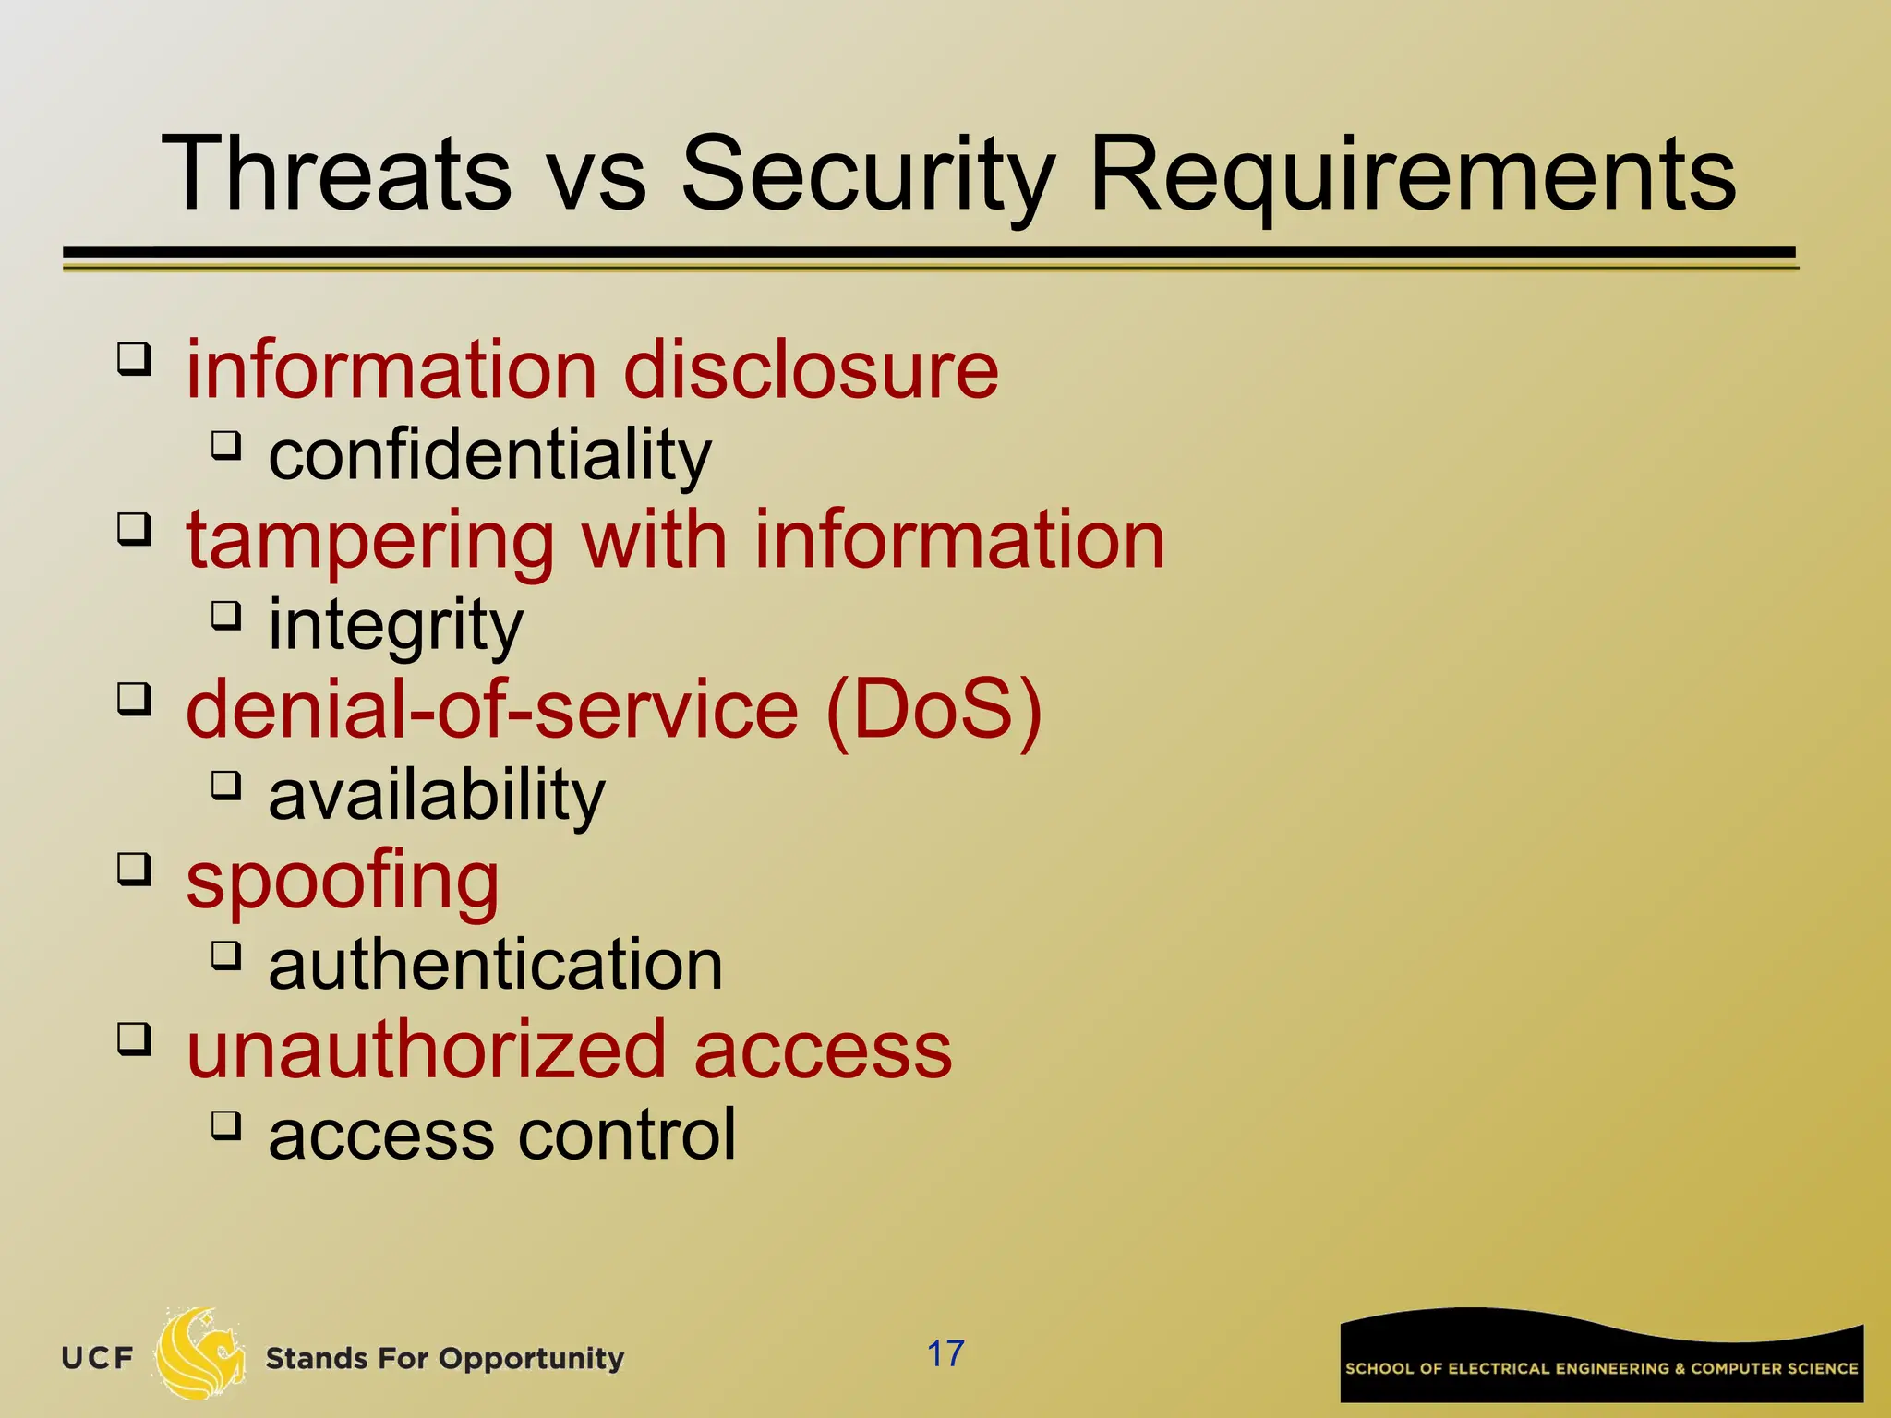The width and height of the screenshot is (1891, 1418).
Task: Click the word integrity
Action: point(395,625)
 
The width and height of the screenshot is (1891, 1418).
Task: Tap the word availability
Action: point(436,795)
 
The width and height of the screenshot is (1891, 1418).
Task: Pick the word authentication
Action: point(495,965)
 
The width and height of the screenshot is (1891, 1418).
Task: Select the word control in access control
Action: point(627,1135)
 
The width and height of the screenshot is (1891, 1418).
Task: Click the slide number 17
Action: point(945,1353)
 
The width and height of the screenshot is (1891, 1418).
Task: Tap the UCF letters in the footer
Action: point(97,1358)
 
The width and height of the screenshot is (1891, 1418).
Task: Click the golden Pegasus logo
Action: point(199,1353)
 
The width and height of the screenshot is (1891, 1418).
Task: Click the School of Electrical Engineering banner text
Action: point(1601,1368)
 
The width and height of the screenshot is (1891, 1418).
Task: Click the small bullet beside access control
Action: point(225,1124)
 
